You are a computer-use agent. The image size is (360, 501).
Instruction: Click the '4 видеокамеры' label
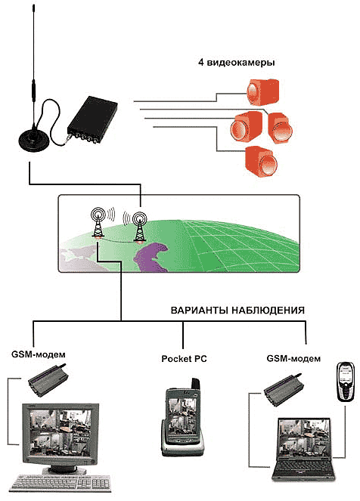(236, 62)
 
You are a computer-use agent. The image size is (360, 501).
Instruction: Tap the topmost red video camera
(262, 92)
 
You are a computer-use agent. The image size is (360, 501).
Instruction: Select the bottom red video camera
(261, 161)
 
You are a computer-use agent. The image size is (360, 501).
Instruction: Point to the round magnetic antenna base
(34, 141)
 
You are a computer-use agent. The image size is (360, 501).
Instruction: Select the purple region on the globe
(151, 257)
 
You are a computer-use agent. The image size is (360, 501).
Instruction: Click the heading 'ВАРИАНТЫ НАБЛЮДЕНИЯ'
(237, 311)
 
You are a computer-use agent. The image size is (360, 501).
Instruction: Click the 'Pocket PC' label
(184, 359)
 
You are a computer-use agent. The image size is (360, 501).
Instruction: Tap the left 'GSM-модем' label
(39, 354)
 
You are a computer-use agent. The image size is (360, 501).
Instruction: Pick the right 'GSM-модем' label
(293, 358)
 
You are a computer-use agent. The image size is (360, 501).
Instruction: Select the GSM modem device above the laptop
(283, 389)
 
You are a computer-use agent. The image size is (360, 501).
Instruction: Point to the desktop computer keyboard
(62, 483)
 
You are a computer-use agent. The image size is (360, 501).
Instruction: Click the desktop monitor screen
(61, 433)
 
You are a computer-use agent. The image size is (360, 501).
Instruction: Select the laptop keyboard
(303, 467)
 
